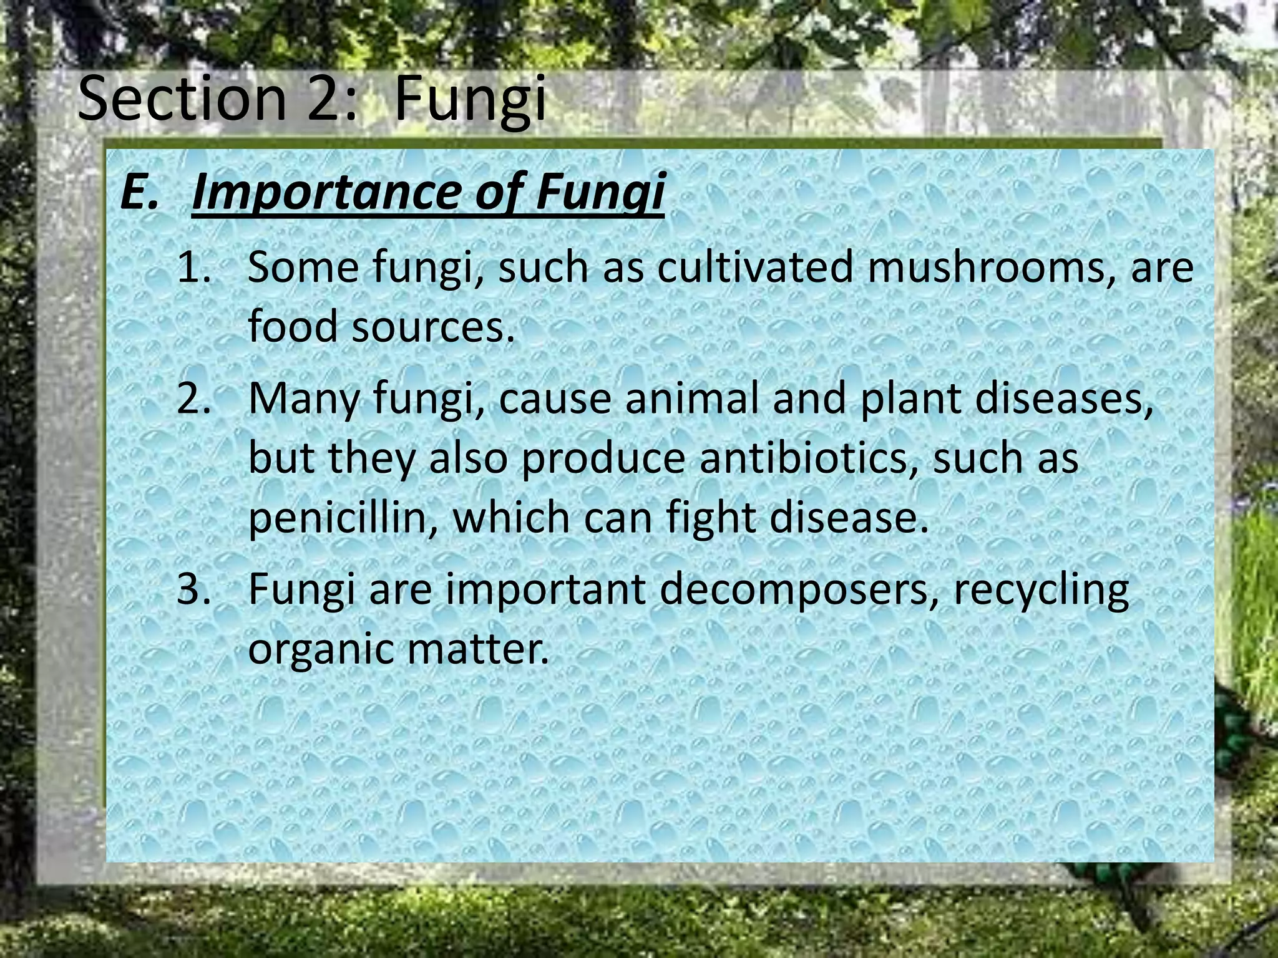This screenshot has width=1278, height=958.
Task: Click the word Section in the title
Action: pos(182,99)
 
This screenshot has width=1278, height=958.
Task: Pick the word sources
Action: pos(433,327)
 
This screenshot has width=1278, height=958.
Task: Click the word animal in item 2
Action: pos(692,399)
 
